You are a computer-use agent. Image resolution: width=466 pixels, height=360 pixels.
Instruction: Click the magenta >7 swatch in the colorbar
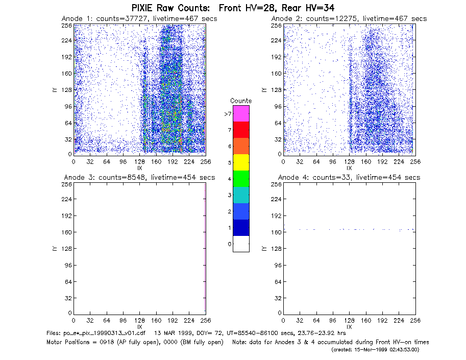(x=241, y=113)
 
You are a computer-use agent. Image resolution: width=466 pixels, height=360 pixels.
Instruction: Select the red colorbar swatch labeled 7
(x=241, y=130)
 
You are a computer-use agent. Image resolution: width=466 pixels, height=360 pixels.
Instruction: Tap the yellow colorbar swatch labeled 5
(x=241, y=162)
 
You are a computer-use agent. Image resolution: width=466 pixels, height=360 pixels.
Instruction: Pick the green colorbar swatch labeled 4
(x=241, y=179)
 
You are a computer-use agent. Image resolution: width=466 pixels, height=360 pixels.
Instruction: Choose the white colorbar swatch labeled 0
(x=241, y=244)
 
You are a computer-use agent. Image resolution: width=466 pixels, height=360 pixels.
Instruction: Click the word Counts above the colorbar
(x=241, y=101)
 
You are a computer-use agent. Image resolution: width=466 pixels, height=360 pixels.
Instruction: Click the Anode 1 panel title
(x=139, y=19)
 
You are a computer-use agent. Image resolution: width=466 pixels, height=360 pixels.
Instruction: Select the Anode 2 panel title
(x=349, y=19)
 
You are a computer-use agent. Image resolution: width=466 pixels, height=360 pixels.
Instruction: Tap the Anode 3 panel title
(x=139, y=178)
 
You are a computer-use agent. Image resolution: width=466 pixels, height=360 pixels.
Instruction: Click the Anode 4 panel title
(x=349, y=178)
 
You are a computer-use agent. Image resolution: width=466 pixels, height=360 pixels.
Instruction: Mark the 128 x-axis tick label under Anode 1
(x=139, y=162)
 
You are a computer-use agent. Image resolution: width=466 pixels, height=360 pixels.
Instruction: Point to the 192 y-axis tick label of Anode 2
(x=276, y=57)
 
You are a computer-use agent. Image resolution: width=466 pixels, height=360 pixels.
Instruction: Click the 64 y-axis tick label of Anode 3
(x=68, y=281)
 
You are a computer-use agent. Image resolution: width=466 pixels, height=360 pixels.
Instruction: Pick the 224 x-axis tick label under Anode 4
(x=399, y=321)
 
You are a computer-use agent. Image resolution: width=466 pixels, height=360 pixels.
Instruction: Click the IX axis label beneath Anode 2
(x=349, y=168)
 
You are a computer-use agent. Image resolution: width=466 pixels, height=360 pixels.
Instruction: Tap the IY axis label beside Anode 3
(x=55, y=249)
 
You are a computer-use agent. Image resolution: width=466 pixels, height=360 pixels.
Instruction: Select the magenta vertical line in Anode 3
(x=205, y=247)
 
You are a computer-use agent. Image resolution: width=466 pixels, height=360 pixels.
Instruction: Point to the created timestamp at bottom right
(x=375, y=350)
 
